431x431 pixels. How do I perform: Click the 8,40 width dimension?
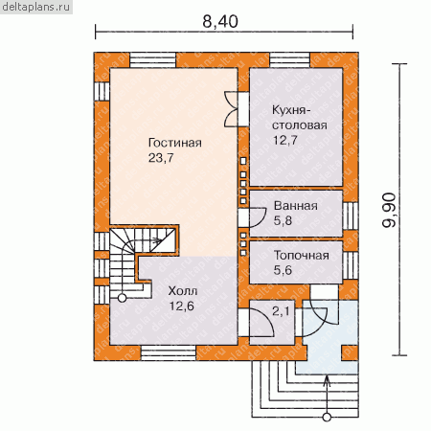point(220,22)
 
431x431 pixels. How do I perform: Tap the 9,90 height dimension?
point(389,210)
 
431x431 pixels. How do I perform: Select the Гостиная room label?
point(175,143)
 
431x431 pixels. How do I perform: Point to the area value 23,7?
point(161,158)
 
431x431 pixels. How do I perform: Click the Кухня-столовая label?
point(300,118)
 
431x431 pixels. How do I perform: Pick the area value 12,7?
point(285,140)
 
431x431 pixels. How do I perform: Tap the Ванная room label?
point(296,206)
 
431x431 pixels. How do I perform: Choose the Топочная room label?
point(302,256)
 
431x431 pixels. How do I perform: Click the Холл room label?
point(183,291)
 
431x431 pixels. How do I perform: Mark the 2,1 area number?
point(281,311)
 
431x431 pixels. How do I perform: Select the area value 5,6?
point(283,270)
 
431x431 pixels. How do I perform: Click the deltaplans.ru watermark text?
point(36,7)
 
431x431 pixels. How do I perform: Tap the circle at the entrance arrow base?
point(327,417)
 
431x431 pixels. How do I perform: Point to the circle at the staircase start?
point(122,298)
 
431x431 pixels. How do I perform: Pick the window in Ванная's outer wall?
point(351,215)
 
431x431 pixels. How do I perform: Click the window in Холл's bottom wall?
point(169,352)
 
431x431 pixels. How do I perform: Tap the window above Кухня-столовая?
point(290,60)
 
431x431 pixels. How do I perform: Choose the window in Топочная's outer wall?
point(351,265)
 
